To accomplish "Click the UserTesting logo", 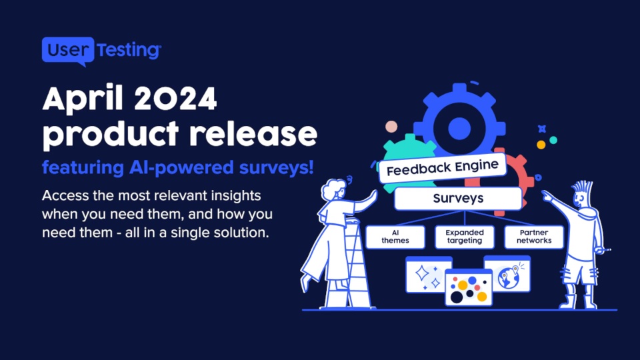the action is pyautogui.click(x=101, y=51).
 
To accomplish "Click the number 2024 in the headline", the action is pyautogui.click(x=175, y=99).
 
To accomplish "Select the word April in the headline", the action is pyautogui.click(x=83, y=99).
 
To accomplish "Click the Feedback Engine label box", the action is pyautogui.click(x=443, y=167).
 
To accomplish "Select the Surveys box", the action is pyautogui.click(x=458, y=199).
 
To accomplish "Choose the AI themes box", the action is pyautogui.click(x=395, y=237).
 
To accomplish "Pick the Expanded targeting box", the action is pyautogui.click(x=465, y=237).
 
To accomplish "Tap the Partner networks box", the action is pyautogui.click(x=534, y=237).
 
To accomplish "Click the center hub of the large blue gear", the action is pyautogui.click(x=459, y=129).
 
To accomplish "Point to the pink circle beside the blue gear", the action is pyautogui.click(x=391, y=127).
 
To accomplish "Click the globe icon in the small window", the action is pyautogui.click(x=508, y=278).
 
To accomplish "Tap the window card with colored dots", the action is pyautogui.click(x=469, y=287).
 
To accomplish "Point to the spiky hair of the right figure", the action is pyautogui.click(x=583, y=188).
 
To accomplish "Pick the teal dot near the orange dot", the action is pyautogui.click(x=553, y=140).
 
